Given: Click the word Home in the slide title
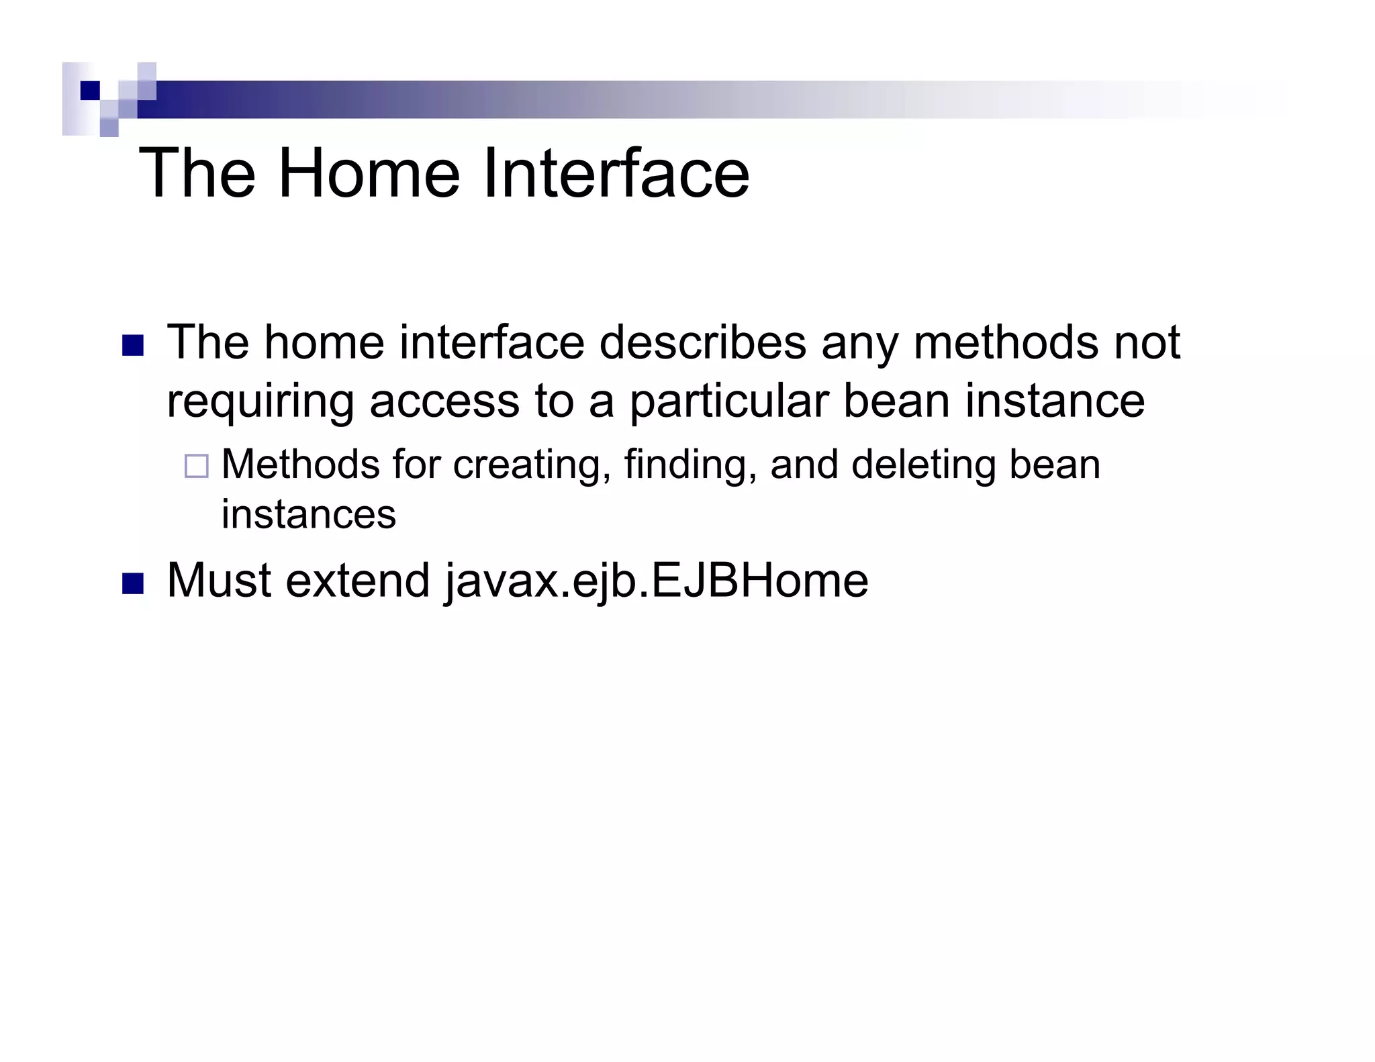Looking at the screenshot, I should point(369,174).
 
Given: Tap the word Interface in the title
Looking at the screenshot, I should point(616,174).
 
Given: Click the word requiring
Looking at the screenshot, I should point(260,402).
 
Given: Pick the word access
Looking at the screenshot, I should point(444,402).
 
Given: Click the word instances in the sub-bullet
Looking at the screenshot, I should point(309,515).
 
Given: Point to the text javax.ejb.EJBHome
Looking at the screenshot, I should point(656,581).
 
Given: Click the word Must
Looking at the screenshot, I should point(218,581).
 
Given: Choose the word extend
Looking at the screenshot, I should point(357,581).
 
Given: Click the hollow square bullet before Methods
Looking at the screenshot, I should point(196,466).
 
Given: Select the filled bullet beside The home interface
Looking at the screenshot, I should point(133,345).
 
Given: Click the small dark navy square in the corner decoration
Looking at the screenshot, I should point(89,90).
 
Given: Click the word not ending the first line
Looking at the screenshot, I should point(1147,343).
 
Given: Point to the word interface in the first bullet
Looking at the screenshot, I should point(491,343).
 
